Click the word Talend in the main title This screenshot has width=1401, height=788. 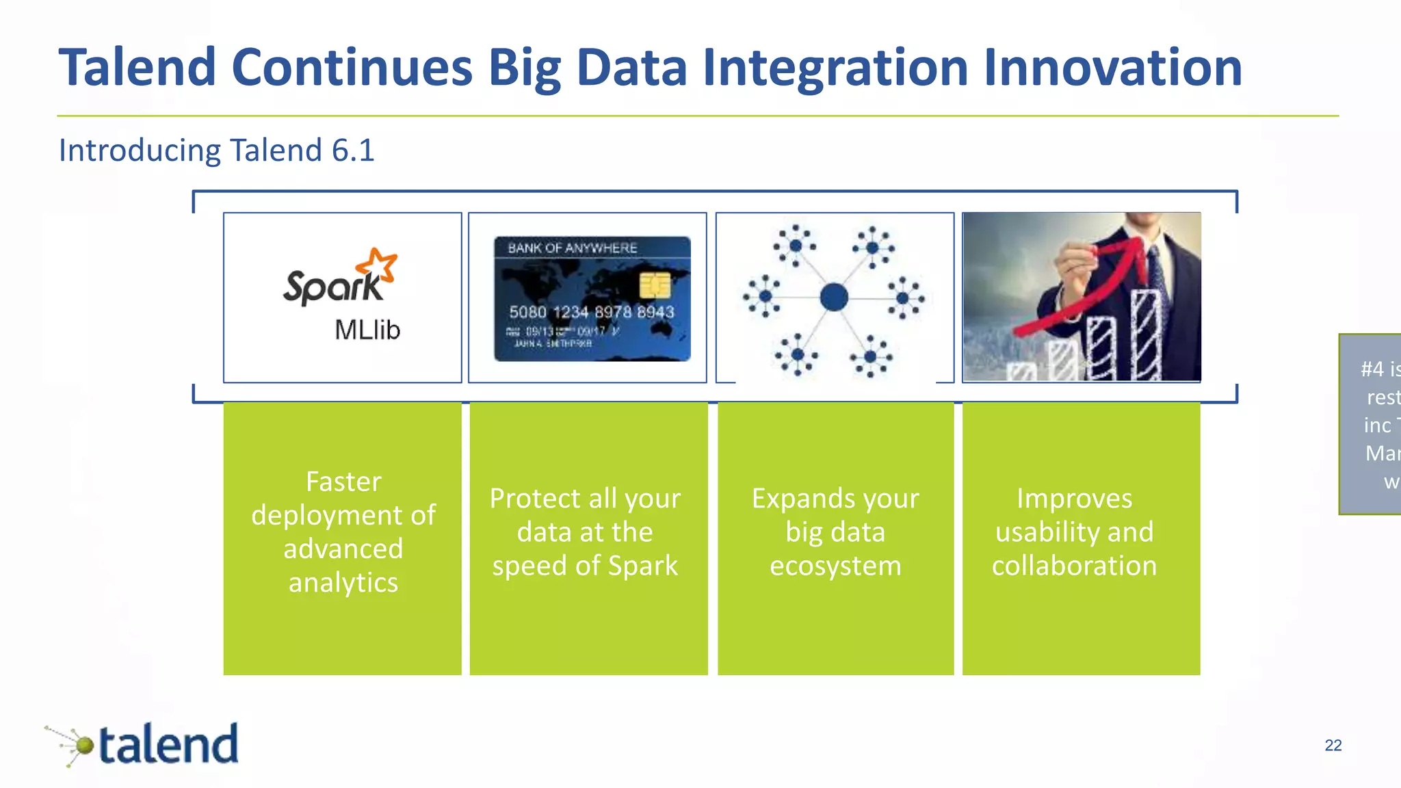(x=137, y=68)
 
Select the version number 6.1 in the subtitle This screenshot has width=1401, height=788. (x=353, y=150)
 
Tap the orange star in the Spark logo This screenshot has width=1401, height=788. (x=378, y=265)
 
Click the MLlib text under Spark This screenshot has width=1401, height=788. (x=367, y=330)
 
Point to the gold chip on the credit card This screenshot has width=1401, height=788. (x=655, y=285)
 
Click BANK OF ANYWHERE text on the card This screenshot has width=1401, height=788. (x=572, y=248)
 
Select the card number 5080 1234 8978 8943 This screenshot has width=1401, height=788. (x=591, y=312)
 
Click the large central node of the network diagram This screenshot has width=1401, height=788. (x=834, y=298)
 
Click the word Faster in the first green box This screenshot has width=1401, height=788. (x=343, y=482)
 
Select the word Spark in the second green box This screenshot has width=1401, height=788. (x=642, y=566)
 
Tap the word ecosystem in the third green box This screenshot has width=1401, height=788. (x=835, y=566)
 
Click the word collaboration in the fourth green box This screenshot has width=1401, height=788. (x=1074, y=566)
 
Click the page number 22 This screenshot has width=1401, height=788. (x=1333, y=745)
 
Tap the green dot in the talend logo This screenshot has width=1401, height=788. (x=84, y=745)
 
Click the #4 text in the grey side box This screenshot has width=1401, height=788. (x=1372, y=369)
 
